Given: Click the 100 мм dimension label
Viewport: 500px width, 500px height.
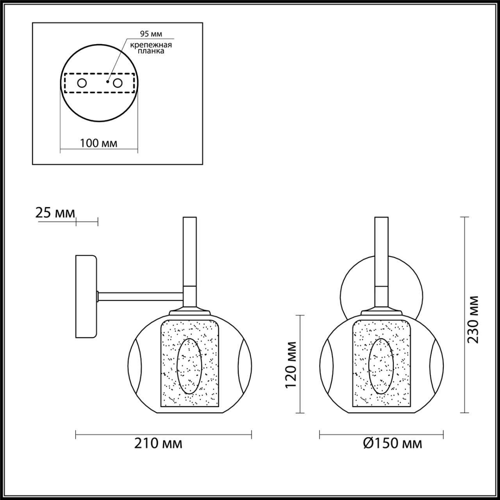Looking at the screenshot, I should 98,143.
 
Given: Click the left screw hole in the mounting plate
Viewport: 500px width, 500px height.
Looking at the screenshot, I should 82,83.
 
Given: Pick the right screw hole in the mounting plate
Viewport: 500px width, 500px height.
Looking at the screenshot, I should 117,83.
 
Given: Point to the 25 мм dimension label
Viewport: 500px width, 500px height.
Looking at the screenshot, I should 55,213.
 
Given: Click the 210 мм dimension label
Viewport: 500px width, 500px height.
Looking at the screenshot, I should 158,443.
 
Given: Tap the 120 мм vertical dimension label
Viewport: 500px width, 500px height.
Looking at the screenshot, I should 291,364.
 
